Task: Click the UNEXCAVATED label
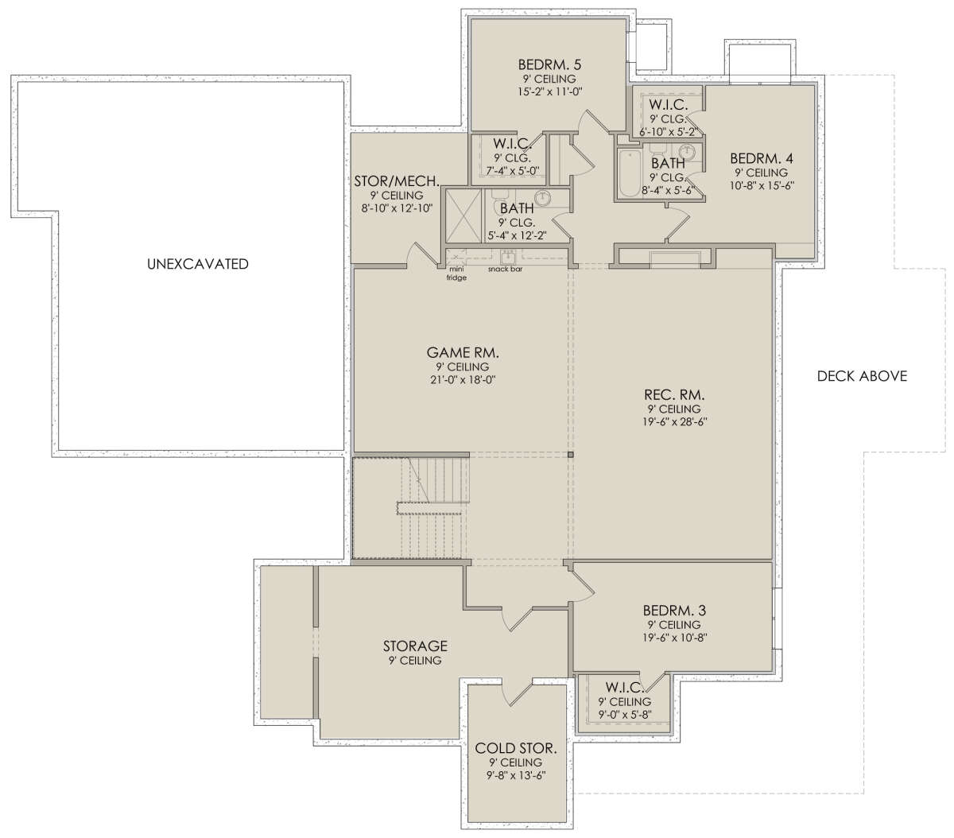click(198, 264)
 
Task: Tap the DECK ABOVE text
click(862, 376)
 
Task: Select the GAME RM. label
click(463, 352)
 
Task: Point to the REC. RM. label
click(674, 394)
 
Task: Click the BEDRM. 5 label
click(549, 64)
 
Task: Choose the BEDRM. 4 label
click(762, 158)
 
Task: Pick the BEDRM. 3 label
click(674, 611)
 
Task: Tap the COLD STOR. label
click(516, 748)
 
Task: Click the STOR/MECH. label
click(397, 181)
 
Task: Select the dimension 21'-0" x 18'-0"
click(463, 380)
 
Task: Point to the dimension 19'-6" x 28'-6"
click(674, 422)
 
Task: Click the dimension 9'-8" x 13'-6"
click(516, 775)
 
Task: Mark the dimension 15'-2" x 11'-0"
click(549, 91)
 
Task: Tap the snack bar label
click(505, 270)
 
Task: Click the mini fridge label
click(456, 274)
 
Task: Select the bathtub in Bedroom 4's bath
click(629, 174)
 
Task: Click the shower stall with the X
click(464, 215)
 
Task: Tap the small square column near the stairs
click(570, 455)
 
